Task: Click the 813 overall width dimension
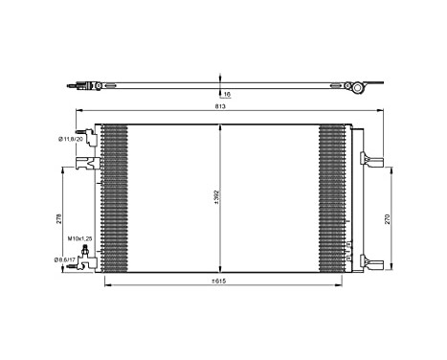221,106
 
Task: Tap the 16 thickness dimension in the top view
227,95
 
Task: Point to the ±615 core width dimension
221,281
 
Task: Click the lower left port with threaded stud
90,255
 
